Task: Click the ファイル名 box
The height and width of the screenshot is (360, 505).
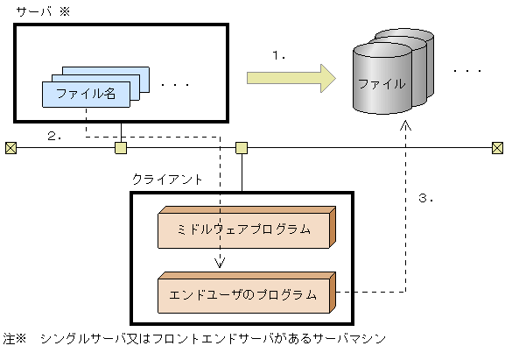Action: [86, 93]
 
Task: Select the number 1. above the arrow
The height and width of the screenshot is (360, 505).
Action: [280, 54]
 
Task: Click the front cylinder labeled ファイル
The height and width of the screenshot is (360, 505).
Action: [381, 85]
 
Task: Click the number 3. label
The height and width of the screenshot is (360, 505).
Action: [426, 198]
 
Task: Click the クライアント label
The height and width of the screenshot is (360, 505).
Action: [166, 178]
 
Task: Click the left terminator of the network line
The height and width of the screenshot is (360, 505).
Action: [11, 147]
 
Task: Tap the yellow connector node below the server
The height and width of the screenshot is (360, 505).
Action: [121, 147]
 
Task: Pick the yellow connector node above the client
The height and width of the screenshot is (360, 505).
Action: [242, 147]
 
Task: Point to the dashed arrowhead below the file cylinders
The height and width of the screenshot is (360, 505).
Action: [405, 126]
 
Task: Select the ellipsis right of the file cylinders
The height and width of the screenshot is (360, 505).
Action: [467, 69]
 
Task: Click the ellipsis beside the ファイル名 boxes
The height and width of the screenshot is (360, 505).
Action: [175, 85]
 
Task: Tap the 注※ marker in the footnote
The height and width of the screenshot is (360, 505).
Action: [15, 337]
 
